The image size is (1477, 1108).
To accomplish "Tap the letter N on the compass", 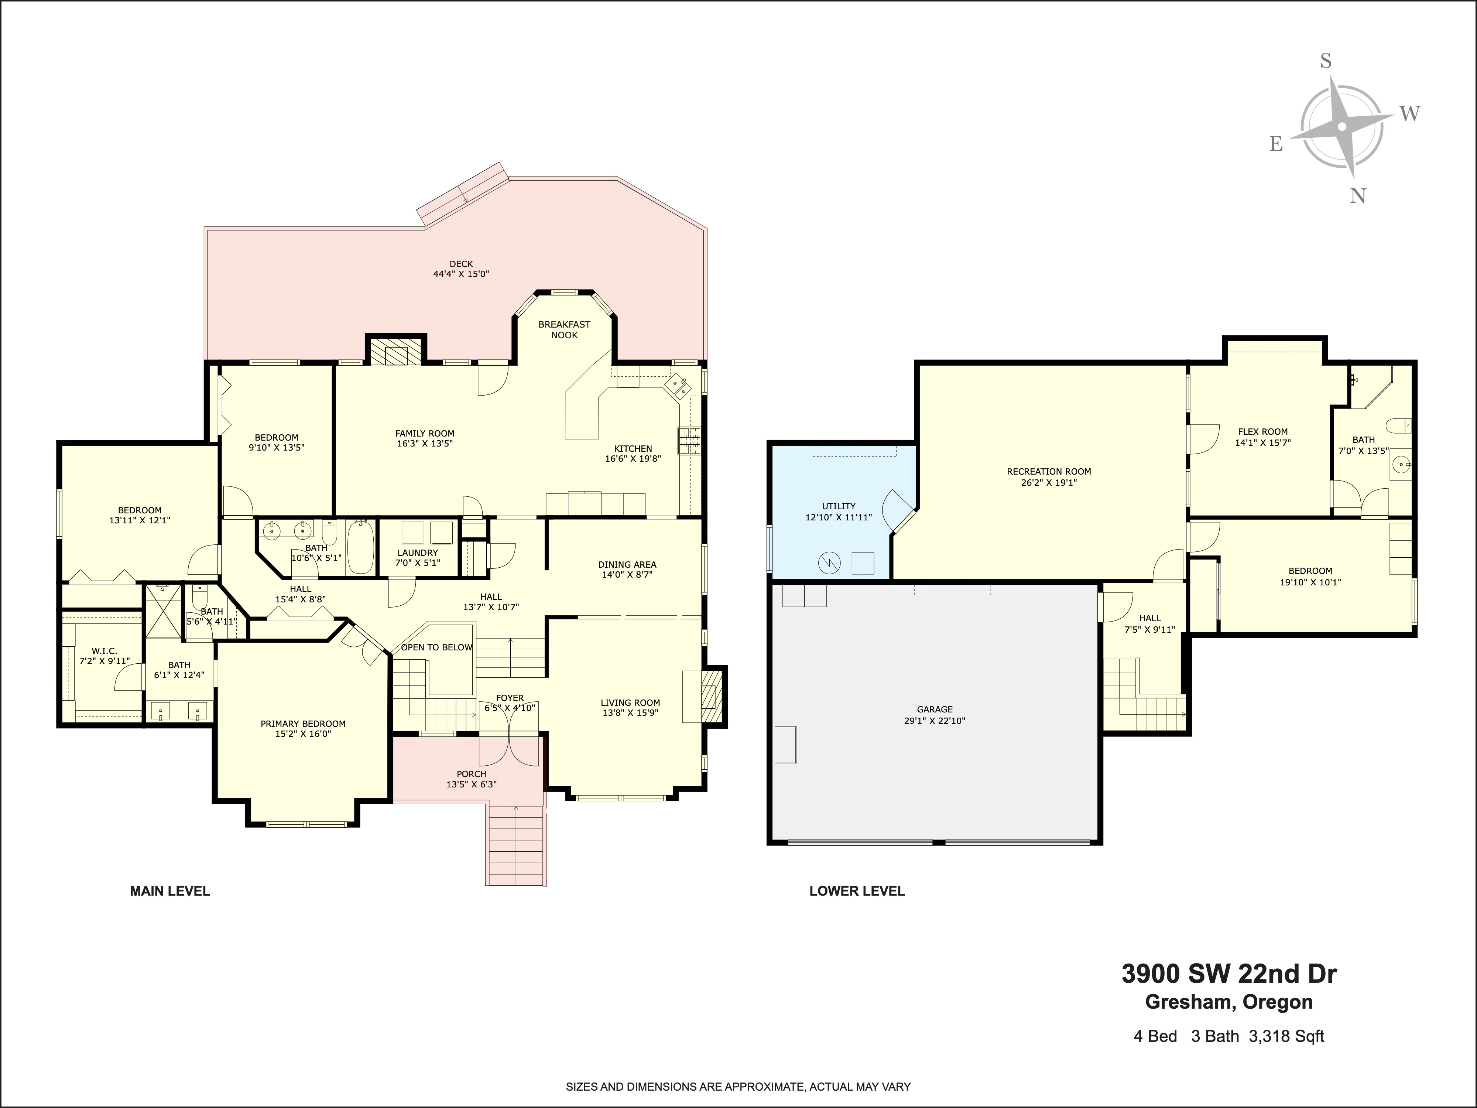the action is tap(1357, 196).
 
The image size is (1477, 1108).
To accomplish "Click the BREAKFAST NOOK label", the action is tap(564, 329).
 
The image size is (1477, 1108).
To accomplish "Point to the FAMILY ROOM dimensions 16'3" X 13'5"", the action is tap(425, 444).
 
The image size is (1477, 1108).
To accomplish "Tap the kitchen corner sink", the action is tap(678, 386).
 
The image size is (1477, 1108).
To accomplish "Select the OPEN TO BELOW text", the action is tap(437, 647).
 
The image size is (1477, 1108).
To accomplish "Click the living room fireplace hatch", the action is tap(712, 696).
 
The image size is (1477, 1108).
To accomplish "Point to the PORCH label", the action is tap(472, 774).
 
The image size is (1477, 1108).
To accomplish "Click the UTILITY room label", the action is tap(839, 506).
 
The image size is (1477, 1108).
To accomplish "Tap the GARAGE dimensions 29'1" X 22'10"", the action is tap(935, 721).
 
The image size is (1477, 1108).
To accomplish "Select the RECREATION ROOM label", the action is tap(1049, 472).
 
